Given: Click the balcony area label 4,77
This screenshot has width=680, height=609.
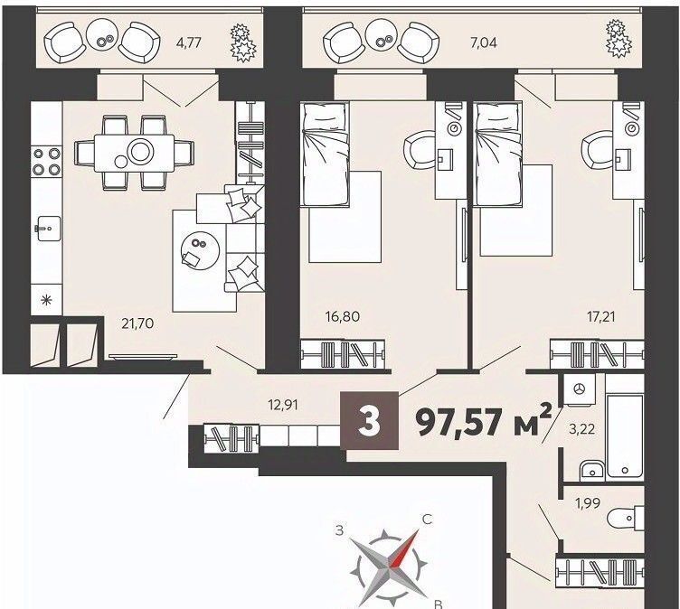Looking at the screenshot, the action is pos(190,42).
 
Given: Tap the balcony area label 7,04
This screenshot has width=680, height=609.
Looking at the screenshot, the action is pos(485,42).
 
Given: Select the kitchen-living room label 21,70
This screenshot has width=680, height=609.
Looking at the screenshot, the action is pos(137,323).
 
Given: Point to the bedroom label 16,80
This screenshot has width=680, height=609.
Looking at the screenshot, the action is pos(342,316).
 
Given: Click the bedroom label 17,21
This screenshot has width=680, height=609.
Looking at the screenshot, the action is pos(600,316).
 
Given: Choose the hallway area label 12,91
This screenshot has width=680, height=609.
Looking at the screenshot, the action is pos(282,406).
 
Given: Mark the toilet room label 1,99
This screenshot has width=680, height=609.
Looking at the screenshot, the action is pos(588,503).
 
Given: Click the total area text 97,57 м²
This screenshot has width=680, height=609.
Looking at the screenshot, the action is pos(484,422).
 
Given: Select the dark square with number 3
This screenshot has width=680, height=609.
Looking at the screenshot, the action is pos(370,420).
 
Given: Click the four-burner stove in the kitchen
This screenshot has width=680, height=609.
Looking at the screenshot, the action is pos(46,161).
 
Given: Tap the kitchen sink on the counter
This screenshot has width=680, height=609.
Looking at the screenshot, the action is pos(47,228).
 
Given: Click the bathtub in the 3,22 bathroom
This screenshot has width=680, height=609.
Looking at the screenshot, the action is pos(625,426).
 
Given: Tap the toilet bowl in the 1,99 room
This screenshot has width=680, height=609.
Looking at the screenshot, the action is pos(626,519).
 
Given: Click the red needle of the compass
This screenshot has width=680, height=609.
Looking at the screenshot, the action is pos(403,549).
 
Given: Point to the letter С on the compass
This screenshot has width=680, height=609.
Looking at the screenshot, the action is pos(427,520).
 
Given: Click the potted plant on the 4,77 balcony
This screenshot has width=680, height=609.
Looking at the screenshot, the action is pos(243,42).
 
